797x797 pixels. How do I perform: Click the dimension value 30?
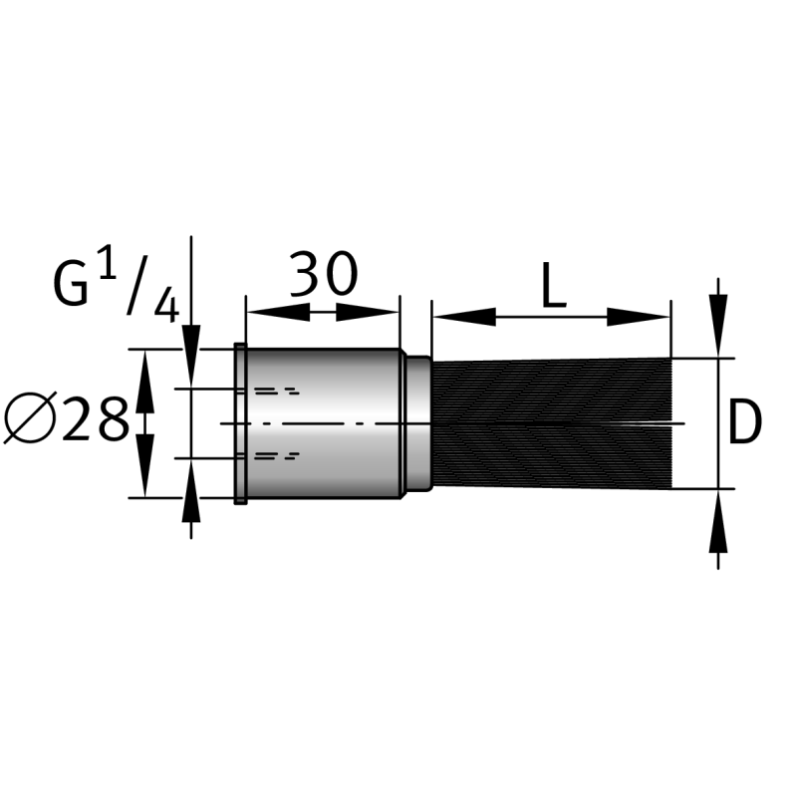(324, 273)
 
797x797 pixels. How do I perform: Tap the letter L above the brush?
(554, 285)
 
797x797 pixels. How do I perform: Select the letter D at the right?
(745, 421)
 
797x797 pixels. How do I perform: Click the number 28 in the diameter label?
(95, 419)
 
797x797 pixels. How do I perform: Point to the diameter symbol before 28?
(29, 418)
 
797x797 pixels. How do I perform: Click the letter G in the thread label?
(70, 283)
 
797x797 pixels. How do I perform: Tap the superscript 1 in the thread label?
(107, 262)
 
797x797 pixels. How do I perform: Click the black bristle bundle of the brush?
(552, 422)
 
